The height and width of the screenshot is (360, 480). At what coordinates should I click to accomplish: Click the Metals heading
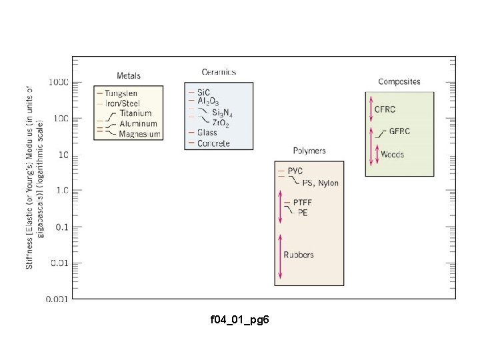point(129,75)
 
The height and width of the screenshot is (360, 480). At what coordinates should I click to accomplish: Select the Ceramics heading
point(219,72)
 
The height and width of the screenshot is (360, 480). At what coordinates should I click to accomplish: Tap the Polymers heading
point(309,151)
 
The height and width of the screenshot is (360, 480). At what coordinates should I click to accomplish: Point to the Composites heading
point(399,81)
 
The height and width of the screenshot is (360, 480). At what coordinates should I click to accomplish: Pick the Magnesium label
point(140,134)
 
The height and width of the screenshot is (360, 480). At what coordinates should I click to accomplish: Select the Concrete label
point(213,143)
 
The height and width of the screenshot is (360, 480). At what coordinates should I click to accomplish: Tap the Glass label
point(207,133)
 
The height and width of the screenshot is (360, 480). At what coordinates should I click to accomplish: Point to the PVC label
point(295,171)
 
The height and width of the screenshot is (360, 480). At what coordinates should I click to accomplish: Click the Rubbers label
point(299,255)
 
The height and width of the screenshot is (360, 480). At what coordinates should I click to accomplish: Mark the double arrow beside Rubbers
point(281,256)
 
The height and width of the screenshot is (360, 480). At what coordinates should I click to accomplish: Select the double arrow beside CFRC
point(371,109)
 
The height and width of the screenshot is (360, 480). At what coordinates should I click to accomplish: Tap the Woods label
point(393,155)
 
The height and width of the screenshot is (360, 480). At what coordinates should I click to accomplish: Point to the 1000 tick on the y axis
point(57,83)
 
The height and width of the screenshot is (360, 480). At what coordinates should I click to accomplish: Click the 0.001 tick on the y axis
point(56,299)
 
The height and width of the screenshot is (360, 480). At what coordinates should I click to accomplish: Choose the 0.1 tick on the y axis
point(60,227)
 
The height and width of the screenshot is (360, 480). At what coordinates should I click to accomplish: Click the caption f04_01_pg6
point(240,321)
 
